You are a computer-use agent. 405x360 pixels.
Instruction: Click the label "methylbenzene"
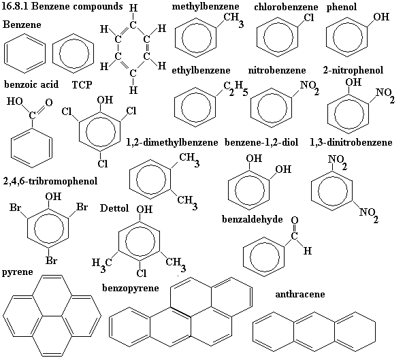click(206, 6)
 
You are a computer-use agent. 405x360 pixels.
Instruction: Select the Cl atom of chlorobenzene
click(308, 18)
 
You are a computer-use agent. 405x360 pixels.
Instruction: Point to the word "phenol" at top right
click(342, 7)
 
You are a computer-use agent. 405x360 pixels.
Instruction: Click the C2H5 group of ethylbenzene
click(236, 88)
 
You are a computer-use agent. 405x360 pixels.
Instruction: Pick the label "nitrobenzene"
click(277, 70)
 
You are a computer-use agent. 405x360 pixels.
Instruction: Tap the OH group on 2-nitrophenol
click(353, 82)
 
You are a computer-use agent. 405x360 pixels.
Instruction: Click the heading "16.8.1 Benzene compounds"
click(62, 6)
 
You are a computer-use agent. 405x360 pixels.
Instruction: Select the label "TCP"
click(82, 84)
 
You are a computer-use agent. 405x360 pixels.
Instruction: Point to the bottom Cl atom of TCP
click(103, 163)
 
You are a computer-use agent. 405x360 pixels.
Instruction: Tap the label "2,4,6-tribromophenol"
click(50, 181)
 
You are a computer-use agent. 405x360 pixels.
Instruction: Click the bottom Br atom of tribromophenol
click(51, 261)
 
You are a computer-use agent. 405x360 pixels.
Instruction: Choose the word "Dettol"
click(114, 208)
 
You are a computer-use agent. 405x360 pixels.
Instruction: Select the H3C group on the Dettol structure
click(102, 265)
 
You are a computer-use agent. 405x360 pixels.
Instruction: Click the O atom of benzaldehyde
click(295, 220)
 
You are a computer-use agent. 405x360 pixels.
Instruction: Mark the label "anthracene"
click(300, 294)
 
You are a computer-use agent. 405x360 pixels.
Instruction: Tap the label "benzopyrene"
click(131, 289)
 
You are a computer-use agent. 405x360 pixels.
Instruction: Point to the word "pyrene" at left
click(18, 272)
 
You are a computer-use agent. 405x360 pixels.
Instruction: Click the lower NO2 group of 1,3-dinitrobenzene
click(369, 214)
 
